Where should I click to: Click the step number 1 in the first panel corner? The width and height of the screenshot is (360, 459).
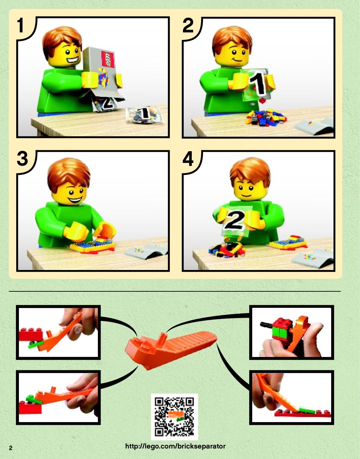pyautogui.click(x=20, y=25)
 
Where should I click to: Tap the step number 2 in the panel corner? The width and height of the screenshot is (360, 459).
pyautogui.click(x=188, y=25)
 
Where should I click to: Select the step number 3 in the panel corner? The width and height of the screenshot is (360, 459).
pyautogui.click(x=23, y=159)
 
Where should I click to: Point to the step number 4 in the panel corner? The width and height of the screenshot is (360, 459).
pyautogui.click(x=188, y=159)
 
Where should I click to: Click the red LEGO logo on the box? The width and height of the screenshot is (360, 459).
pyautogui.click(x=108, y=59)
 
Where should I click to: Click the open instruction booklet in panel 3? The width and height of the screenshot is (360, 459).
pyautogui.click(x=146, y=251)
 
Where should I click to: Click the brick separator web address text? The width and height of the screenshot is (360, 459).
pyautogui.click(x=175, y=446)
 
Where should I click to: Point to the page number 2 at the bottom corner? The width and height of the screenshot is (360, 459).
pyautogui.click(x=11, y=448)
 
